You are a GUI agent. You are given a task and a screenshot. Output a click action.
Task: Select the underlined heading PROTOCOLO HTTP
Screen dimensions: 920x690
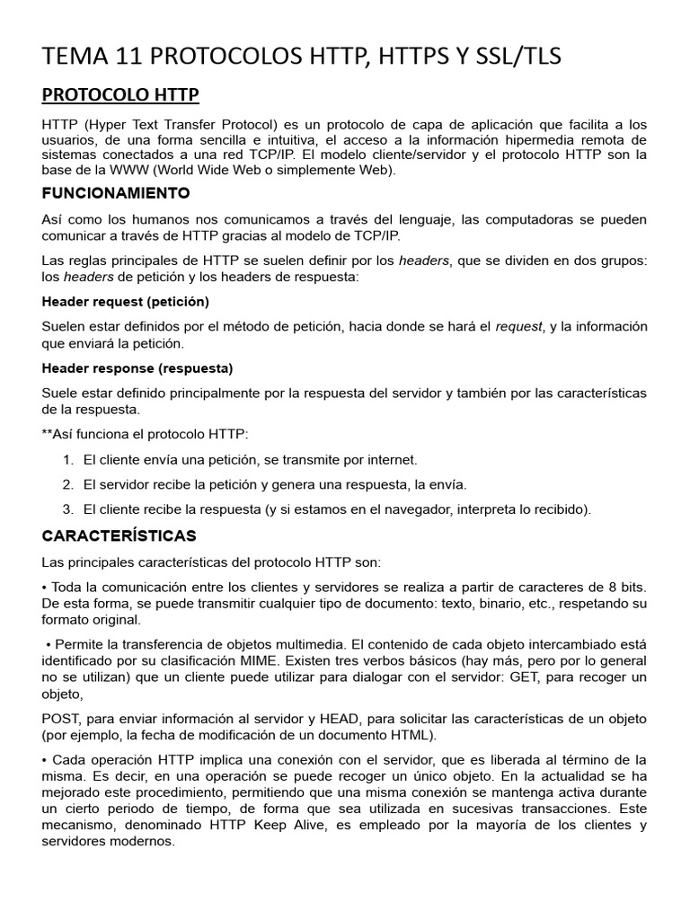(120, 95)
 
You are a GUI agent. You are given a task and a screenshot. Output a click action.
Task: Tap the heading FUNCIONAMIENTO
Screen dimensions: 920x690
(116, 193)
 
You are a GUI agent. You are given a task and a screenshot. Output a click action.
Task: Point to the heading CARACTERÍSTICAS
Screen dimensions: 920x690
(119, 536)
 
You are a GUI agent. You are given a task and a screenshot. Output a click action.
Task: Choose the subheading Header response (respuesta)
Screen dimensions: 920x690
(137, 368)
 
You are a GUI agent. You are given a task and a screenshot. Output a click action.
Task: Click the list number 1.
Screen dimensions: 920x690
(67, 460)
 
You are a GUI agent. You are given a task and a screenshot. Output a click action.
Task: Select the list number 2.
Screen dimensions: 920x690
(67, 485)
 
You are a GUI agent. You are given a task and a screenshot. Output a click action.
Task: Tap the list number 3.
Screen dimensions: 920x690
(67, 509)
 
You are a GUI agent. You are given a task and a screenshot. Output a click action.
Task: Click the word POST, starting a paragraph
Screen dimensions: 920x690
(62, 720)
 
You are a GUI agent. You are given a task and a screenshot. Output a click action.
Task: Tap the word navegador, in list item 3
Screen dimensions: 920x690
(415, 509)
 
